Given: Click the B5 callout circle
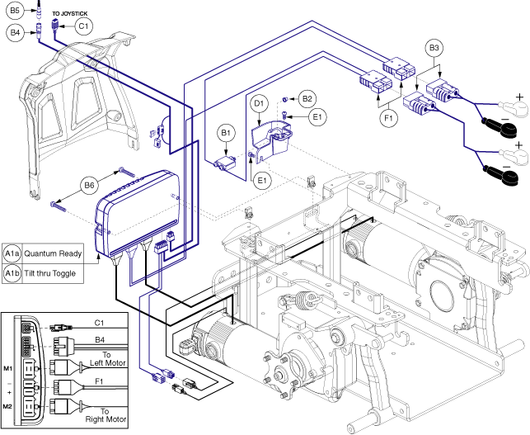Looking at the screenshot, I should (x=14, y=11).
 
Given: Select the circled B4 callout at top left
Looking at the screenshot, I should (x=14, y=32).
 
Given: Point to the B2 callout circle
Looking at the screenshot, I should (x=307, y=99).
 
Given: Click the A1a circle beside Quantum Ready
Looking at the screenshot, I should (x=12, y=253).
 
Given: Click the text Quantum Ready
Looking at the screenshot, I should (x=53, y=253).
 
